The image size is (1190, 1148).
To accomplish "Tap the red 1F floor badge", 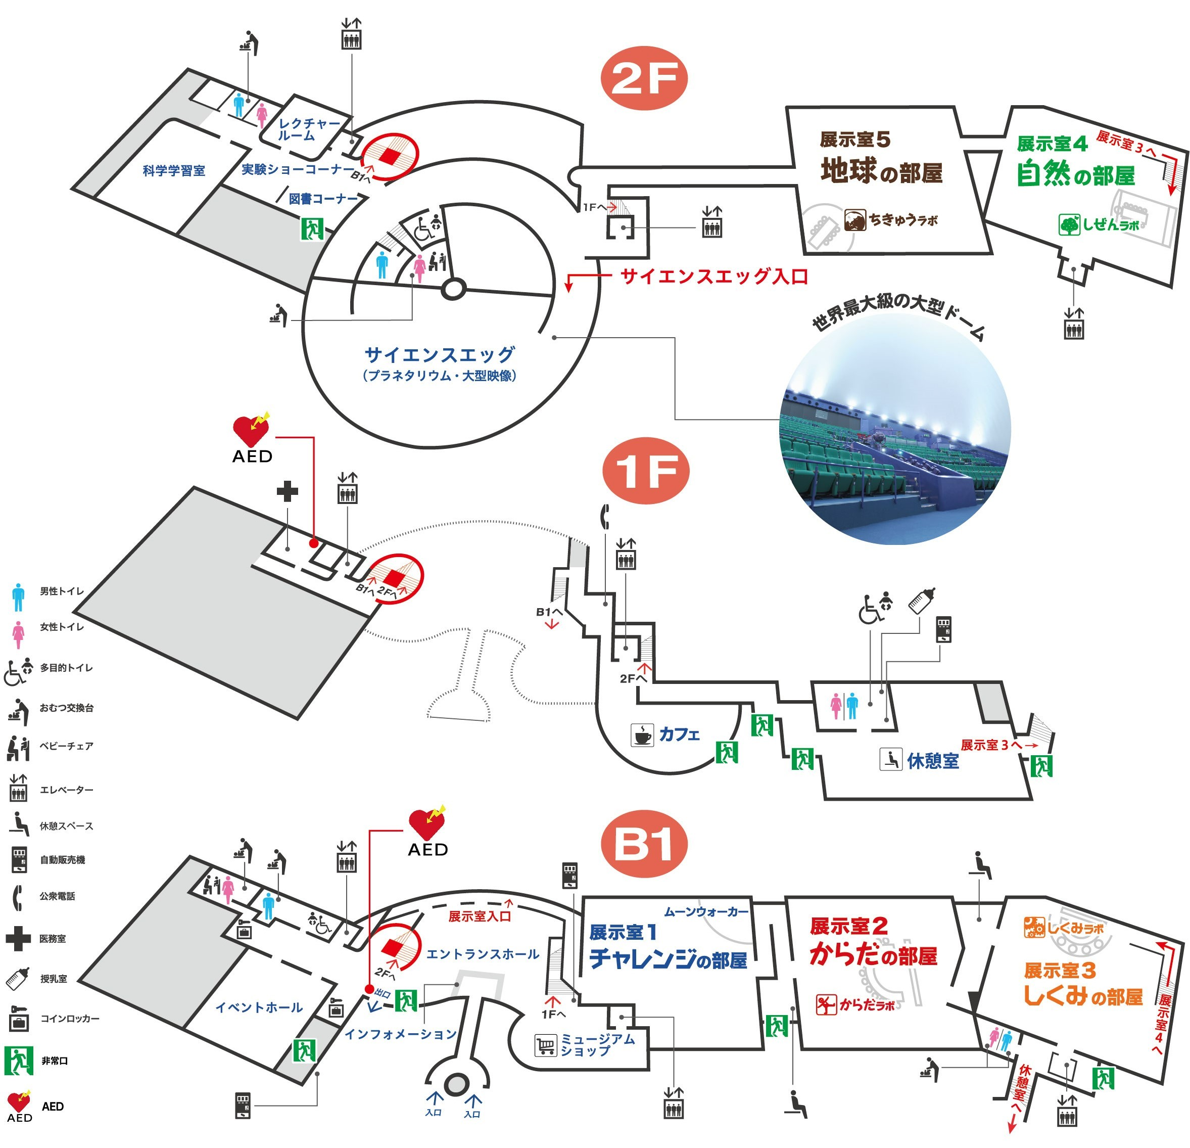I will (x=646, y=470).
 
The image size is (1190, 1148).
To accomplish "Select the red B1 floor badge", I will (x=644, y=844).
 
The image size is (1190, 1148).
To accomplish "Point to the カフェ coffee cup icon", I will (x=642, y=734).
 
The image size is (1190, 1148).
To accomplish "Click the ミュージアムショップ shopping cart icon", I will (x=545, y=1045).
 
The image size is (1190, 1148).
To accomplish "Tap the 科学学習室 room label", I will (x=174, y=171).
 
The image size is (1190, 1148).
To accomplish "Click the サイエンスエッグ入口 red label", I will (x=714, y=277).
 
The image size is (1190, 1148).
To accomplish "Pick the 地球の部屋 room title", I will (x=882, y=171).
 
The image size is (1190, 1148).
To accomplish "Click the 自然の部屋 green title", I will (x=1075, y=174).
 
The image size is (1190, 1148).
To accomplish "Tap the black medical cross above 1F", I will (x=287, y=491).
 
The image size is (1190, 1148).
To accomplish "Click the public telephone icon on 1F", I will (x=605, y=516).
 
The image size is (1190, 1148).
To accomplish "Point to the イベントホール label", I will (x=259, y=1007).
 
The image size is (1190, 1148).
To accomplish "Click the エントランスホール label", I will (x=483, y=954).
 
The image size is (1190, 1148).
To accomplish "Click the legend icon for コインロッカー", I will (x=18, y=1019).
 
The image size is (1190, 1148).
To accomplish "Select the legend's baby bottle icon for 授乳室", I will (x=18, y=978).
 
